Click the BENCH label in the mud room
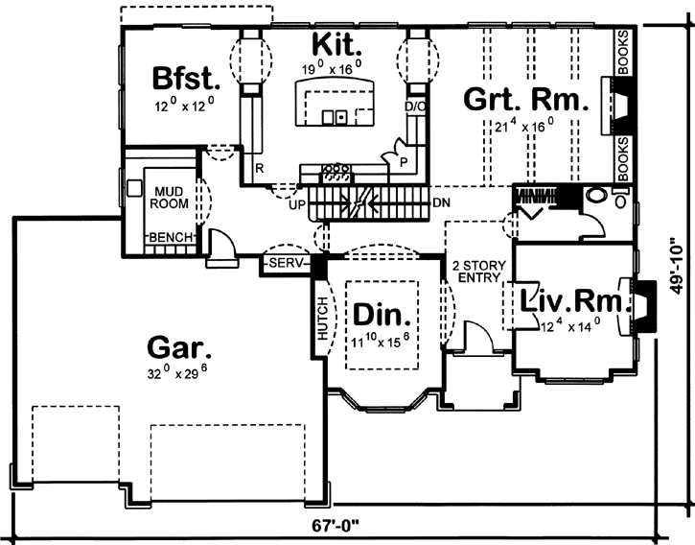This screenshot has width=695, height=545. [x=171, y=237]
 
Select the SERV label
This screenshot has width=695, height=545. [x=288, y=262]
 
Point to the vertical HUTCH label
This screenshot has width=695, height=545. [x=322, y=319]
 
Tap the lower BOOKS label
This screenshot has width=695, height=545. [x=623, y=156]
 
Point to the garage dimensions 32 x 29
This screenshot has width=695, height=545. [x=179, y=374]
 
